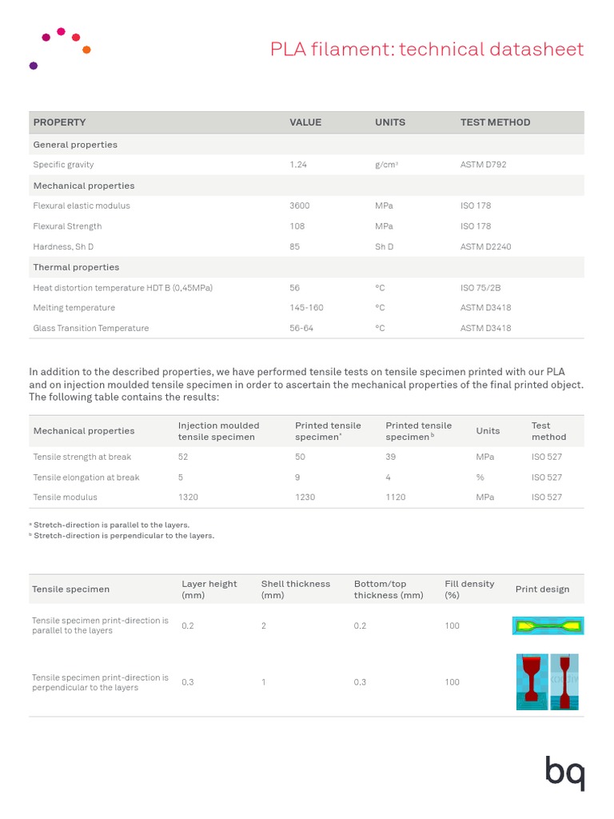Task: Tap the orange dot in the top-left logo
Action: point(86,50)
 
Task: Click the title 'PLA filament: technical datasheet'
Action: point(427,50)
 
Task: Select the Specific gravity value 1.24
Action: point(298,165)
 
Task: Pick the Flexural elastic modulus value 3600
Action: point(299,206)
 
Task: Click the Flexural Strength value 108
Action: point(297,226)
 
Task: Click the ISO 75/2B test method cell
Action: point(480,288)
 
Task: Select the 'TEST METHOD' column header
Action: point(495,122)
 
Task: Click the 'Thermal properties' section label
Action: point(76,267)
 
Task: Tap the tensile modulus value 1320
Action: point(189,497)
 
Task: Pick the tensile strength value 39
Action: point(391,457)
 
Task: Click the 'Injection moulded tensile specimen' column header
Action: point(218,431)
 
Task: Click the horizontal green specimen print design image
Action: point(548,625)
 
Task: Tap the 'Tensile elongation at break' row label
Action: point(86,477)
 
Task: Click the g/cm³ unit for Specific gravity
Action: point(386,165)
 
